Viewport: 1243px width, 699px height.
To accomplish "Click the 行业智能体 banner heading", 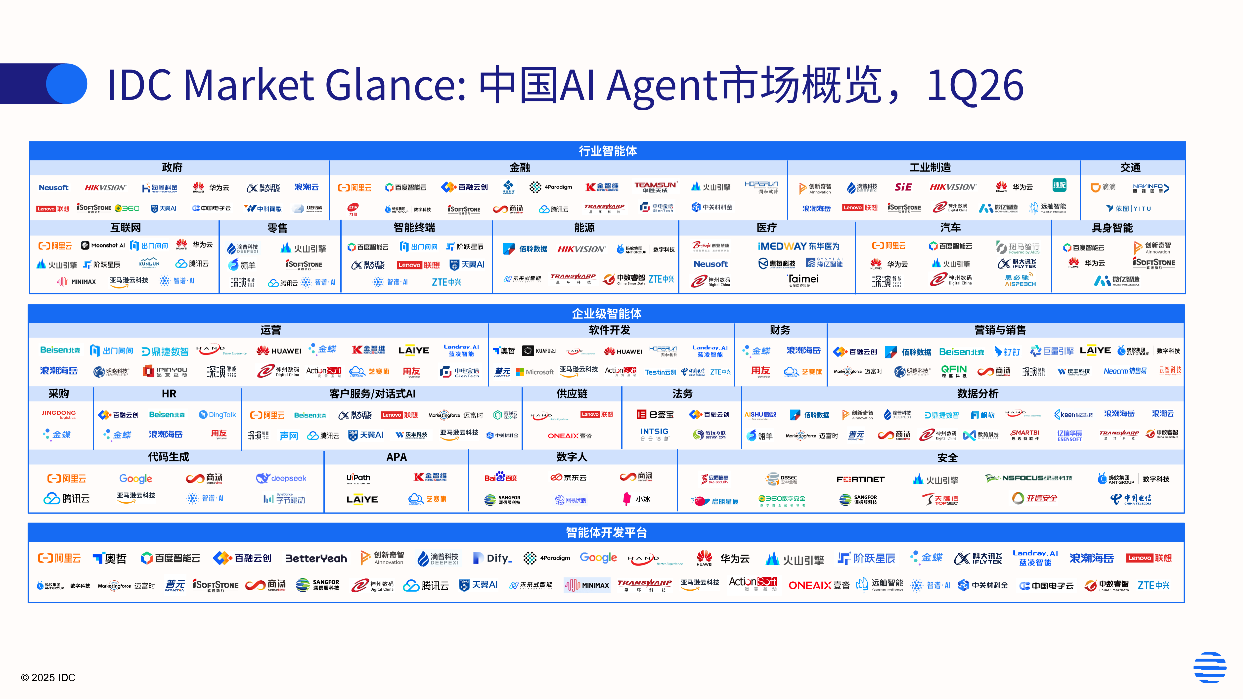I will tap(608, 151).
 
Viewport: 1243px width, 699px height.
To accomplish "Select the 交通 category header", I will tap(1130, 167).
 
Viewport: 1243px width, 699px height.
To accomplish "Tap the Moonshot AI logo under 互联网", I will tap(103, 246).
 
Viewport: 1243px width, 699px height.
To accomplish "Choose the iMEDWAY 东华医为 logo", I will tap(799, 247).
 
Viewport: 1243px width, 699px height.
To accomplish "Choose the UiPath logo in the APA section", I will tap(358, 478).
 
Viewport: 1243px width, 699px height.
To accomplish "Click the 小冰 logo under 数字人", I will tap(637, 499).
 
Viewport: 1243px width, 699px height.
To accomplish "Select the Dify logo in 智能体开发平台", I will tap(492, 558).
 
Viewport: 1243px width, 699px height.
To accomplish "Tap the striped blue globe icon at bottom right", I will tap(1210, 668).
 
